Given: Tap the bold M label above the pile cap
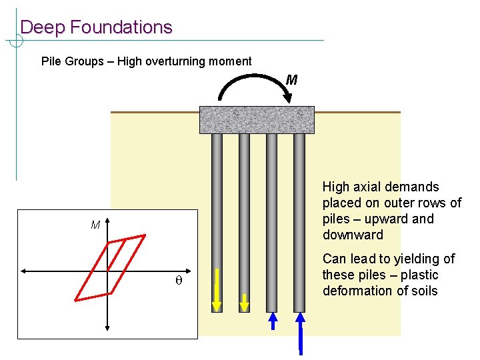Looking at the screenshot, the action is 291,81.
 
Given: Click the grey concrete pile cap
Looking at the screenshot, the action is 257,120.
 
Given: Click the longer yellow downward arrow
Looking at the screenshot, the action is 217,291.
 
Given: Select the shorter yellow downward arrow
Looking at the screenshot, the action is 244,302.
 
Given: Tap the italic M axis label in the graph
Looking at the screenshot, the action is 95,225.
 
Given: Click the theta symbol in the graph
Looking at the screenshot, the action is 178,282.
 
